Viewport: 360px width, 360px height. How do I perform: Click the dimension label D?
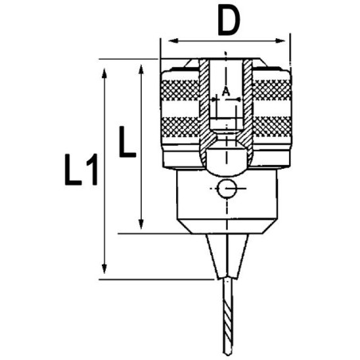pos(228,21)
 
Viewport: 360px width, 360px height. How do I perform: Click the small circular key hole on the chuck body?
pos(227,190)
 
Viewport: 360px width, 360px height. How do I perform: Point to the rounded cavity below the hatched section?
pos(227,158)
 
